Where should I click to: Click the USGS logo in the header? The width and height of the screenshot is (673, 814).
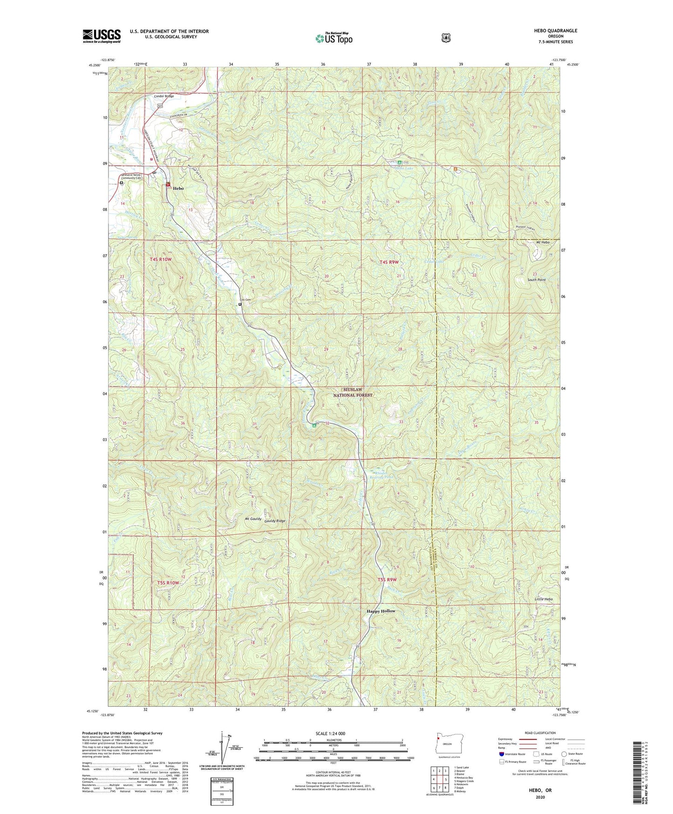(102, 36)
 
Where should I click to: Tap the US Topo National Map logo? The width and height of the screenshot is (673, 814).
(333, 38)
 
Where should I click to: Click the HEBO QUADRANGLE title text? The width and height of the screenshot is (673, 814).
(556, 31)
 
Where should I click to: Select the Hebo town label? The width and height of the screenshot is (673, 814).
(178, 188)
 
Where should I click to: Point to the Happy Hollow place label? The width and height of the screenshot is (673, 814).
(381, 611)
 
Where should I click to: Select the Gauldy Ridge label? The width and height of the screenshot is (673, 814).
(275, 521)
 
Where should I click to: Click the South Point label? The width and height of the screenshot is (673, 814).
(536, 280)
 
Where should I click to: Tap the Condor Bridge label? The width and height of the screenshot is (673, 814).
(164, 96)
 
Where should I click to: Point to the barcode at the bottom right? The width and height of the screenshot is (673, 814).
(639, 774)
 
